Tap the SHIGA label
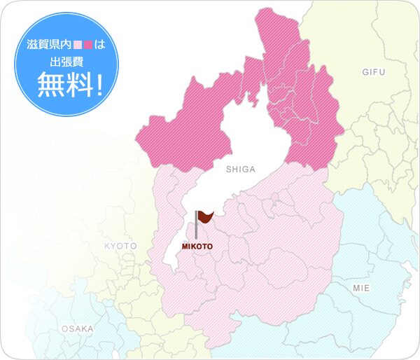240,169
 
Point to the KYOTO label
120,246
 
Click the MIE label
361,288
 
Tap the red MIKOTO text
197,247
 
